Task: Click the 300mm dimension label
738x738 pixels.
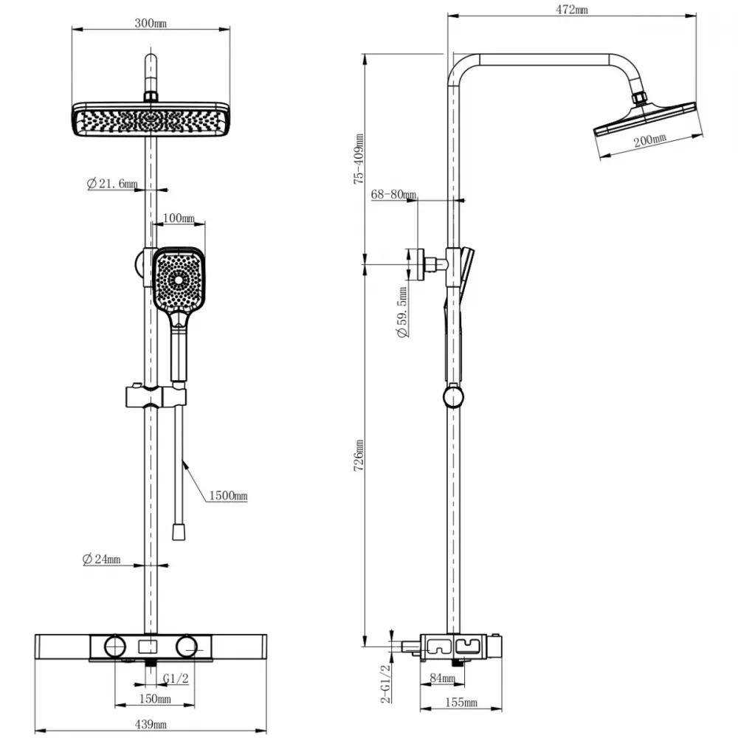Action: (x=151, y=23)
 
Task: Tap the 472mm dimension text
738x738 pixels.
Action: (x=572, y=10)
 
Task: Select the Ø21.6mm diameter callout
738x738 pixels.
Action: (x=112, y=183)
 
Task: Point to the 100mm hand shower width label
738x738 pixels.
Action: (x=179, y=218)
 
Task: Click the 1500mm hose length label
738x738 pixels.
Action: (x=228, y=496)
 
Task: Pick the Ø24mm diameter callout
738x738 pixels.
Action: (x=101, y=559)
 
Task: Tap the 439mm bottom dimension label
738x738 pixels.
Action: (x=151, y=725)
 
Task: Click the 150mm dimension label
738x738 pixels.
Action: (x=155, y=699)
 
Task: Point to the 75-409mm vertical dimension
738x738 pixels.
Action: (x=359, y=159)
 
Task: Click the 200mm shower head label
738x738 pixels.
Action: (x=649, y=139)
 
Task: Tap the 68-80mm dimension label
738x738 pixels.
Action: (x=393, y=194)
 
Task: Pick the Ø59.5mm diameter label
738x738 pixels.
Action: (x=402, y=312)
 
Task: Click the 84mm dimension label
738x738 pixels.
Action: (x=442, y=677)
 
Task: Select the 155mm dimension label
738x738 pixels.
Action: (x=461, y=703)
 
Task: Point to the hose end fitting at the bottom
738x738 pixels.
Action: (x=179, y=531)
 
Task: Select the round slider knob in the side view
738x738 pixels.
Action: (x=453, y=397)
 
